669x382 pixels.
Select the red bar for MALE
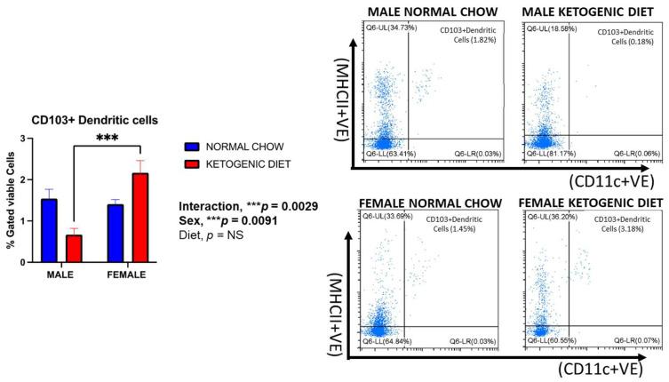(x=75, y=243)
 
